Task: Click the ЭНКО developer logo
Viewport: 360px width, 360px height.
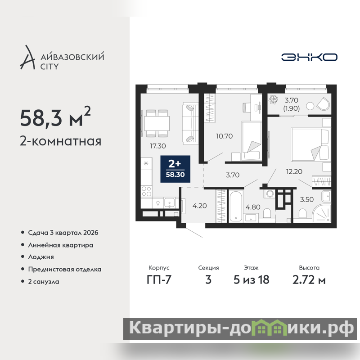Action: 309,57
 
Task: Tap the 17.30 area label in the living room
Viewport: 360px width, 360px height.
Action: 158,146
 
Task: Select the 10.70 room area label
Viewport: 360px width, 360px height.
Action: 224,136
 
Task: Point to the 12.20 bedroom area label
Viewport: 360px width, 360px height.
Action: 294,171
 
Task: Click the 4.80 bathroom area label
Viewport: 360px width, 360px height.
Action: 253,207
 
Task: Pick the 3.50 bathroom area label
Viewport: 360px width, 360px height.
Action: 307,199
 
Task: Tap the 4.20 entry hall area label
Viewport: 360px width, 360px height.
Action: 199,206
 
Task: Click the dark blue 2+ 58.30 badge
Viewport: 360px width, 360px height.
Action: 175,169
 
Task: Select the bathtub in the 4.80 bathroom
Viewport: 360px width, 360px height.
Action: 235,206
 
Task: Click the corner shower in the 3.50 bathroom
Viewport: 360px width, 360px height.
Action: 322,214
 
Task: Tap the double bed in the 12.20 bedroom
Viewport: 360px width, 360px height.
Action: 310,144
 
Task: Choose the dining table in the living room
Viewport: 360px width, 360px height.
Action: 157,123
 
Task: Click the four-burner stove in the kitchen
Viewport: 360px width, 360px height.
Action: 146,191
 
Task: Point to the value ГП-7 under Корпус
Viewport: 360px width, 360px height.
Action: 159,280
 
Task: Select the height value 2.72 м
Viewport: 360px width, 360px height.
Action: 309,280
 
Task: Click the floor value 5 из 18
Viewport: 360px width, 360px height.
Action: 252,280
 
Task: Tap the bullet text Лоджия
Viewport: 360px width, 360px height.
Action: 41,257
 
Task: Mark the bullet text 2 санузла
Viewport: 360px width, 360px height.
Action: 44,282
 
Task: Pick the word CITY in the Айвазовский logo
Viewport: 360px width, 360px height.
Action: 49,67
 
